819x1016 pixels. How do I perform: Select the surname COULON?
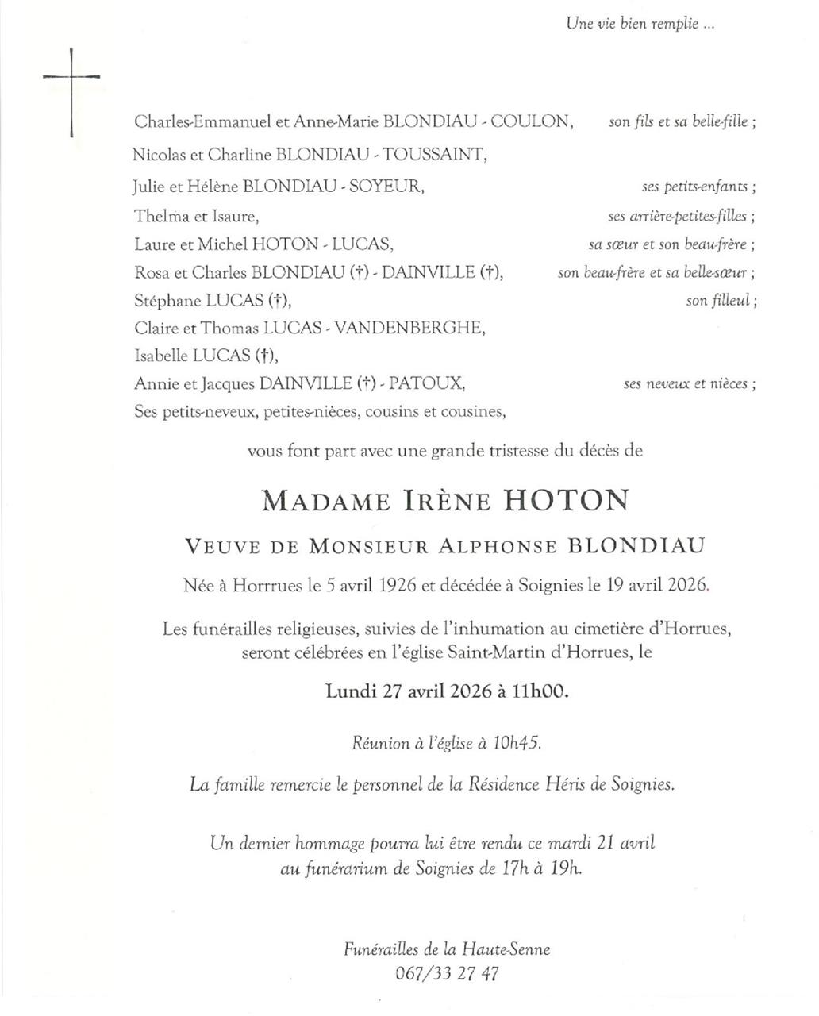pos(530,121)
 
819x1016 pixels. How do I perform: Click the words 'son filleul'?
pos(721,301)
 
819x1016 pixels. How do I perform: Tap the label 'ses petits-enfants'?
pos(698,187)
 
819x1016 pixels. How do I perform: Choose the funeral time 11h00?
pos(540,691)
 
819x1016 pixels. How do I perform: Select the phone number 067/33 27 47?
pos(447,973)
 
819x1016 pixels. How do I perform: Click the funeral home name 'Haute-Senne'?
pos(509,949)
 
